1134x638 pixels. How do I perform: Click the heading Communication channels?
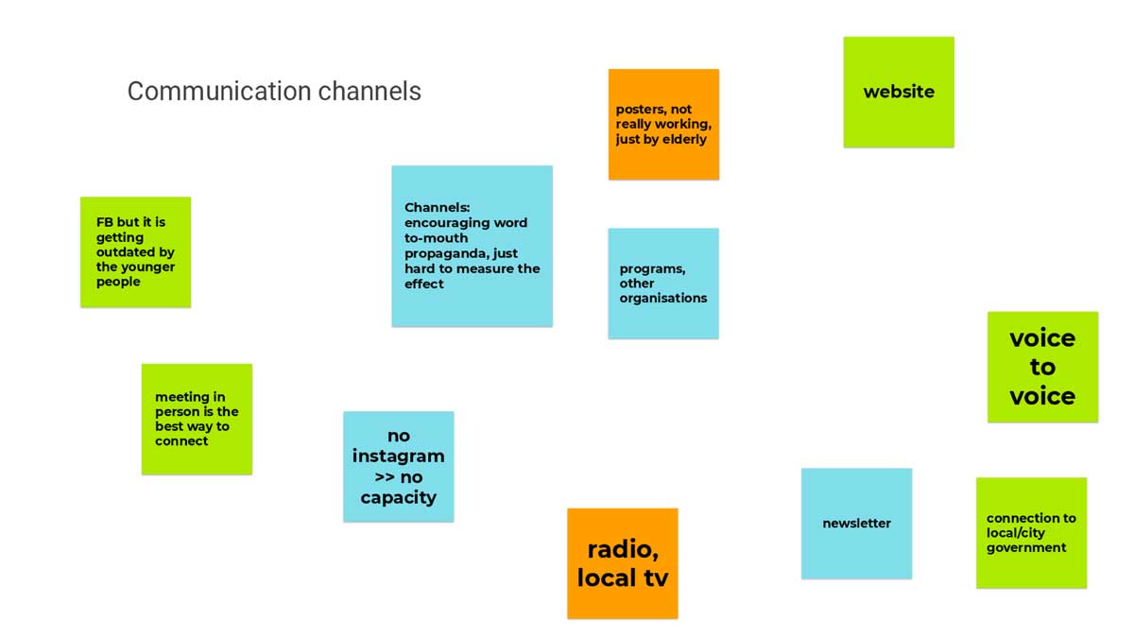(x=274, y=92)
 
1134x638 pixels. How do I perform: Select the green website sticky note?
(x=899, y=92)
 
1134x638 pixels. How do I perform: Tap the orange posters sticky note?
(x=663, y=124)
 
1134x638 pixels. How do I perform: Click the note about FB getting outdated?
(x=135, y=251)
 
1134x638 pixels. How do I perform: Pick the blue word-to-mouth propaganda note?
(x=472, y=246)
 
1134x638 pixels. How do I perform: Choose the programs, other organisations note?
(x=663, y=284)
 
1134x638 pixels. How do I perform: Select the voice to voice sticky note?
(x=1042, y=367)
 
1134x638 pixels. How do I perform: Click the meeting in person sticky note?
(x=197, y=419)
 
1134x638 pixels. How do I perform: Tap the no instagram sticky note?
(x=398, y=466)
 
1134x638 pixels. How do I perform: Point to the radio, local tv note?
(x=622, y=563)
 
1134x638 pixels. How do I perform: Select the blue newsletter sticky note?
(x=856, y=523)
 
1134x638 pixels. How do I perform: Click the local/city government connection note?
(x=1031, y=532)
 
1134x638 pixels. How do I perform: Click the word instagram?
(x=398, y=457)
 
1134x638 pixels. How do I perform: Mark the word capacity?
(x=398, y=498)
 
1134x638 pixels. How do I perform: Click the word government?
(x=1026, y=547)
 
